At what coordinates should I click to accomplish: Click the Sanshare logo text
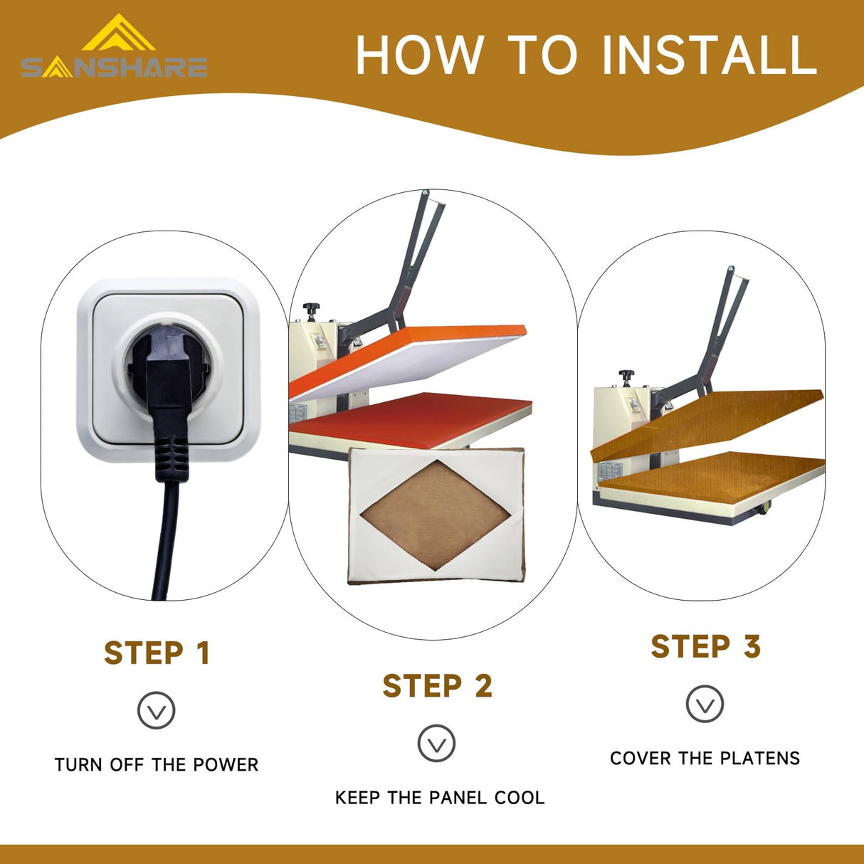(115, 68)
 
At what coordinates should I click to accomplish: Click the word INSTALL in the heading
(710, 54)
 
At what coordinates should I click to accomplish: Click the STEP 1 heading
(157, 653)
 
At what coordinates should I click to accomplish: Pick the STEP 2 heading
(438, 685)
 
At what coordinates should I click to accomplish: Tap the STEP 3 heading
(706, 646)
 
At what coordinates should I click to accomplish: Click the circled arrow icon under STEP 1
(156, 710)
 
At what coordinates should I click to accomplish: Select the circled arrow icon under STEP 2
(436, 743)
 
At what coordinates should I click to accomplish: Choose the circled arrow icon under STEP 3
(705, 704)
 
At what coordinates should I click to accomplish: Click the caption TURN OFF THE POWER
(157, 765)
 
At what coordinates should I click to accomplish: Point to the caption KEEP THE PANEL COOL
(440, 798)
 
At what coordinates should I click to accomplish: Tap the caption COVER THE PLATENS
(705, 758)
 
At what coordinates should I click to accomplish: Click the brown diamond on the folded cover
(435, 515)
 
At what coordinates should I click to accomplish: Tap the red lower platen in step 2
(410, 419)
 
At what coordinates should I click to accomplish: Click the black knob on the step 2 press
(311, 310)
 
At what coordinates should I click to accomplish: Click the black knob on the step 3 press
(627, 376)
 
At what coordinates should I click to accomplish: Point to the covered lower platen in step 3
(713, 478)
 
